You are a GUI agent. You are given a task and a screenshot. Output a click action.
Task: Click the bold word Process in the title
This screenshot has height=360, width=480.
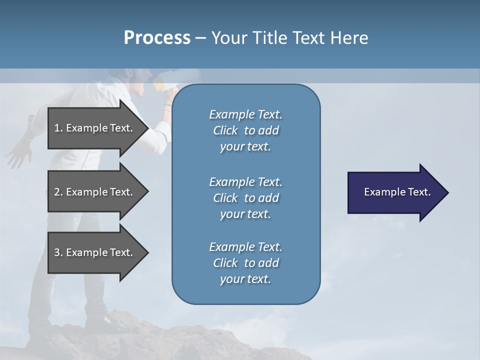tap(157, 38)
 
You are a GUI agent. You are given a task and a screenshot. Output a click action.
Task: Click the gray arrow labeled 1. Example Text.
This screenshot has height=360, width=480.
tap(95, 128)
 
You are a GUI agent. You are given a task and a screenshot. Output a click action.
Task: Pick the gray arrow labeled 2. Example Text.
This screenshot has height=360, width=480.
tap(95, 192)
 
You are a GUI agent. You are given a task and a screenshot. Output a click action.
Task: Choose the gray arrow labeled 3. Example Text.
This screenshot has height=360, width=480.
tap(95, 252)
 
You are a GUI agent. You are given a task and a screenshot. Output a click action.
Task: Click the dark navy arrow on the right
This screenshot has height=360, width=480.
tap(395, 192)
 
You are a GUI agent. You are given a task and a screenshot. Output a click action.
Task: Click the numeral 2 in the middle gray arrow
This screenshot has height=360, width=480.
tap(57, 192)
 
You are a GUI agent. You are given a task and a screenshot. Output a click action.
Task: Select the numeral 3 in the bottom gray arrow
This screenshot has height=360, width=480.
tap(57, 252)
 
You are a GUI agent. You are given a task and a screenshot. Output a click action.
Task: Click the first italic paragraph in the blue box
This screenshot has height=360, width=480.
tap(245, 130)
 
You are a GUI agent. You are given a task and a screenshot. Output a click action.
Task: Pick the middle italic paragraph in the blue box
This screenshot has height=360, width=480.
tap(245, 198)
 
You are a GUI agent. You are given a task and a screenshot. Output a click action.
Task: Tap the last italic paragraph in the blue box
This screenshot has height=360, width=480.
tap(245, 263)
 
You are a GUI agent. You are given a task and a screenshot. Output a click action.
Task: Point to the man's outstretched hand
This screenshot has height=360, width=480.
tap(17, 153)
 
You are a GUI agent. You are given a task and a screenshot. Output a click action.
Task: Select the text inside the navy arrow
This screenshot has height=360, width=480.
tap(397, 192)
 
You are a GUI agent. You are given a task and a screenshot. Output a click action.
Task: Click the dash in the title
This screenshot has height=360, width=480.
tap(200, 38)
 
